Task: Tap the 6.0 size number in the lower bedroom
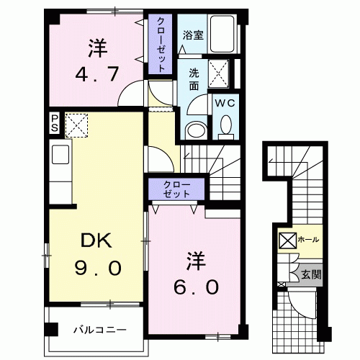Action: tap(194, 286)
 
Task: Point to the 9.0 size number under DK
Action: tap(98, 268)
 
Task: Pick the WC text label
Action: tap(225, 102)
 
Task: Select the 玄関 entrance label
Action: tap(311, 274)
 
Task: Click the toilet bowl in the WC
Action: tap(225, 128)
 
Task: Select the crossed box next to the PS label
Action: tap(75, 124)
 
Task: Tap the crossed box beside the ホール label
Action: tap(286, 240)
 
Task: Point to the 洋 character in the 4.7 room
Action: tap(98, 49)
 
